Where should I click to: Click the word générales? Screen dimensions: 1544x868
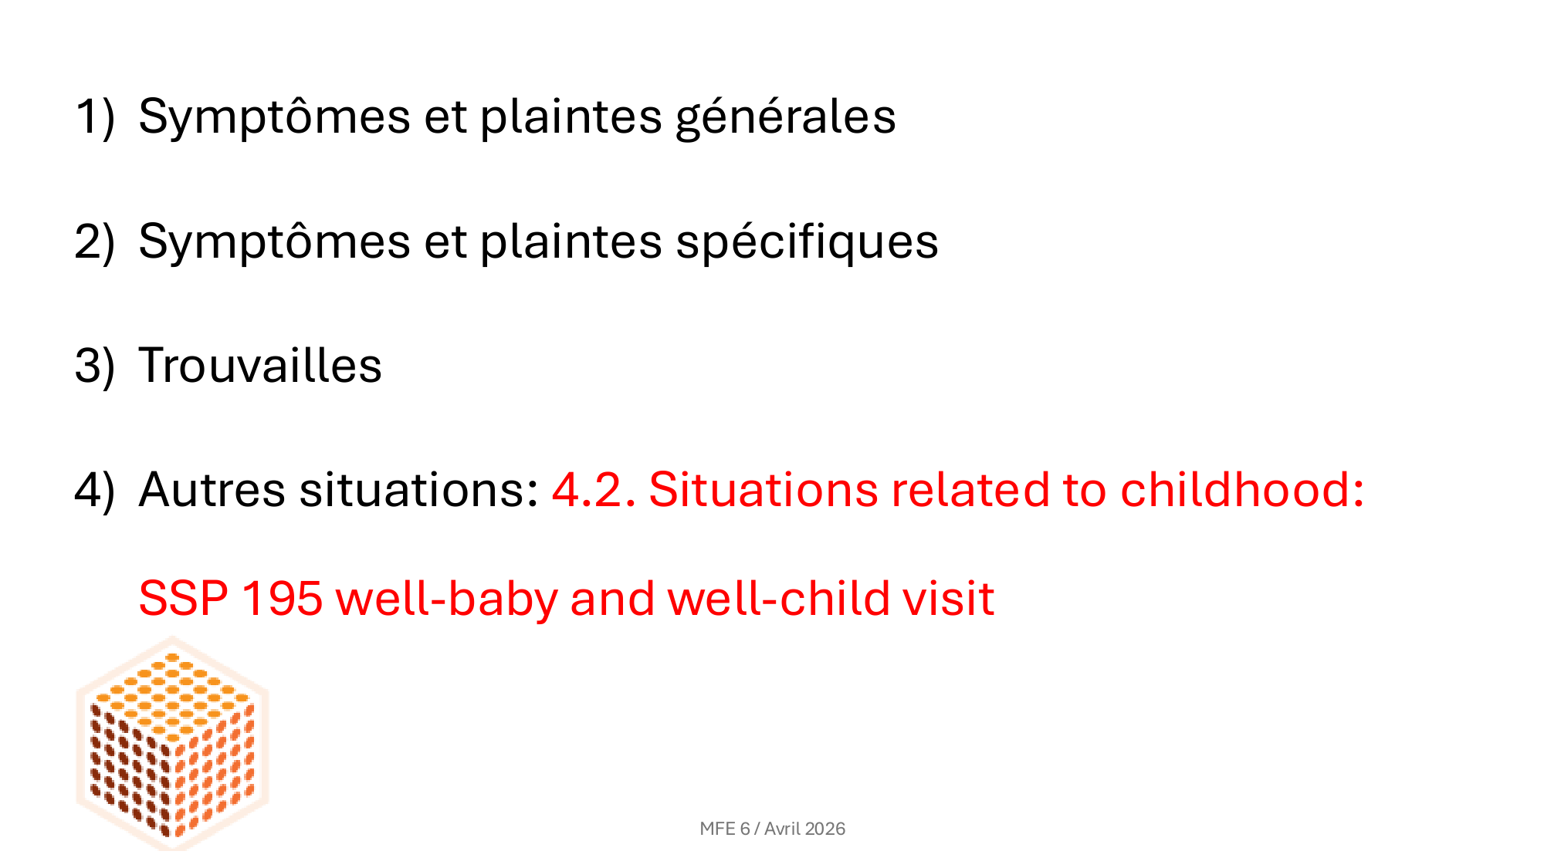(786, 118)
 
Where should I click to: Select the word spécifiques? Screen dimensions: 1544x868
(808, 243)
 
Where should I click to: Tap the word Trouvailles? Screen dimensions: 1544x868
(260, 365)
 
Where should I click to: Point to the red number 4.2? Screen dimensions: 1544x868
(594, 490)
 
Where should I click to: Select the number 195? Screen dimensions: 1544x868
(282, 599)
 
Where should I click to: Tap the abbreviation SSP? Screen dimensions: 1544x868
(184, 599)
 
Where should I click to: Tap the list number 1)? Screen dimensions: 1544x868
(95, 118)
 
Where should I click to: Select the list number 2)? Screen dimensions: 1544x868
(95, 242)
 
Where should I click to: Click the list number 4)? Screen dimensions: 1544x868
(95, 491)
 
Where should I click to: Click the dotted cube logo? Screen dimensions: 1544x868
(172, 743)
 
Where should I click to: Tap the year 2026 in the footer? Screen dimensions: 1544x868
(825, 829)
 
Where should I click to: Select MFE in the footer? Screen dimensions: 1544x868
(717, 829)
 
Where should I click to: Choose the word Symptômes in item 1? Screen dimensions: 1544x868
(274, 118)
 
